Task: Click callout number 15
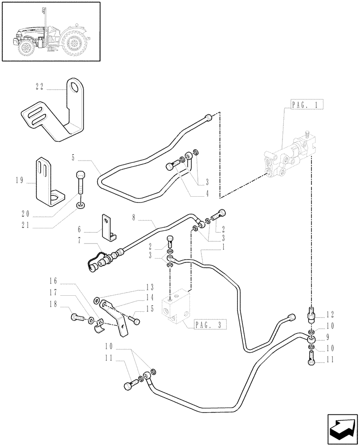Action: (x=149, y=308)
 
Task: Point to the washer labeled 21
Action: (x=81, y=205)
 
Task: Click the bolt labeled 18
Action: (x=76, y=318)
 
